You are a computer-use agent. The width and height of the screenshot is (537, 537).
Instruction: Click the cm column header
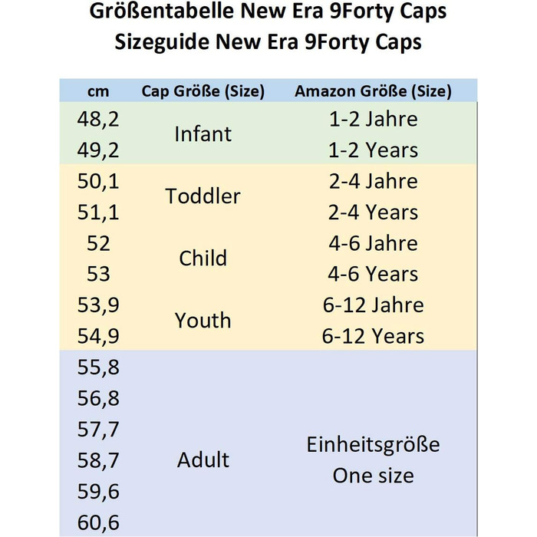point(98,91)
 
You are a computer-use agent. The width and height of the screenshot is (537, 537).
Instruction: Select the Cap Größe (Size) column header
point(203,91)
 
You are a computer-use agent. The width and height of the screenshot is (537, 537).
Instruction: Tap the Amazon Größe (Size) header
point(374,91)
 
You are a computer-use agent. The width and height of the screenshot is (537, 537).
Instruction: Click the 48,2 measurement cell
point(98,120)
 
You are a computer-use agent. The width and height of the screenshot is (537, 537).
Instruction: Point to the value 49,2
point(98,150)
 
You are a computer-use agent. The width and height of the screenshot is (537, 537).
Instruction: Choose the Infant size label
point(203,134)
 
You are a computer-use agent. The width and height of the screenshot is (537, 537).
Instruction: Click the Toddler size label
point(203,196)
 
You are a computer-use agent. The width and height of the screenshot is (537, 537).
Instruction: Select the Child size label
point(203,259)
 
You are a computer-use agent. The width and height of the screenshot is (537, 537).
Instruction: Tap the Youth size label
point(203,320)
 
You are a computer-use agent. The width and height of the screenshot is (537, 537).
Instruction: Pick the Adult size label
point(203,460)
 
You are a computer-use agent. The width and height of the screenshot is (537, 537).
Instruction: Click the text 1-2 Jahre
point(374,120)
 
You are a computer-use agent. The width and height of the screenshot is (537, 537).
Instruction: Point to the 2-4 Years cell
point(374,212)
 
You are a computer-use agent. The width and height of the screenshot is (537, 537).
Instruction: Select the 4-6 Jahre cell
point(374,243)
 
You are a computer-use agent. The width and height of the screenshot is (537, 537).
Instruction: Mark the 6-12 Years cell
point(374,336)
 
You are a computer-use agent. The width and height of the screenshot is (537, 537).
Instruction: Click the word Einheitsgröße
point(374,445)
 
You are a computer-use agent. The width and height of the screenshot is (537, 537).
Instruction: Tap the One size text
point(374,476)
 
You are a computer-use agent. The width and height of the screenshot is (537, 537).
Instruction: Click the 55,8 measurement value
point(98,367)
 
